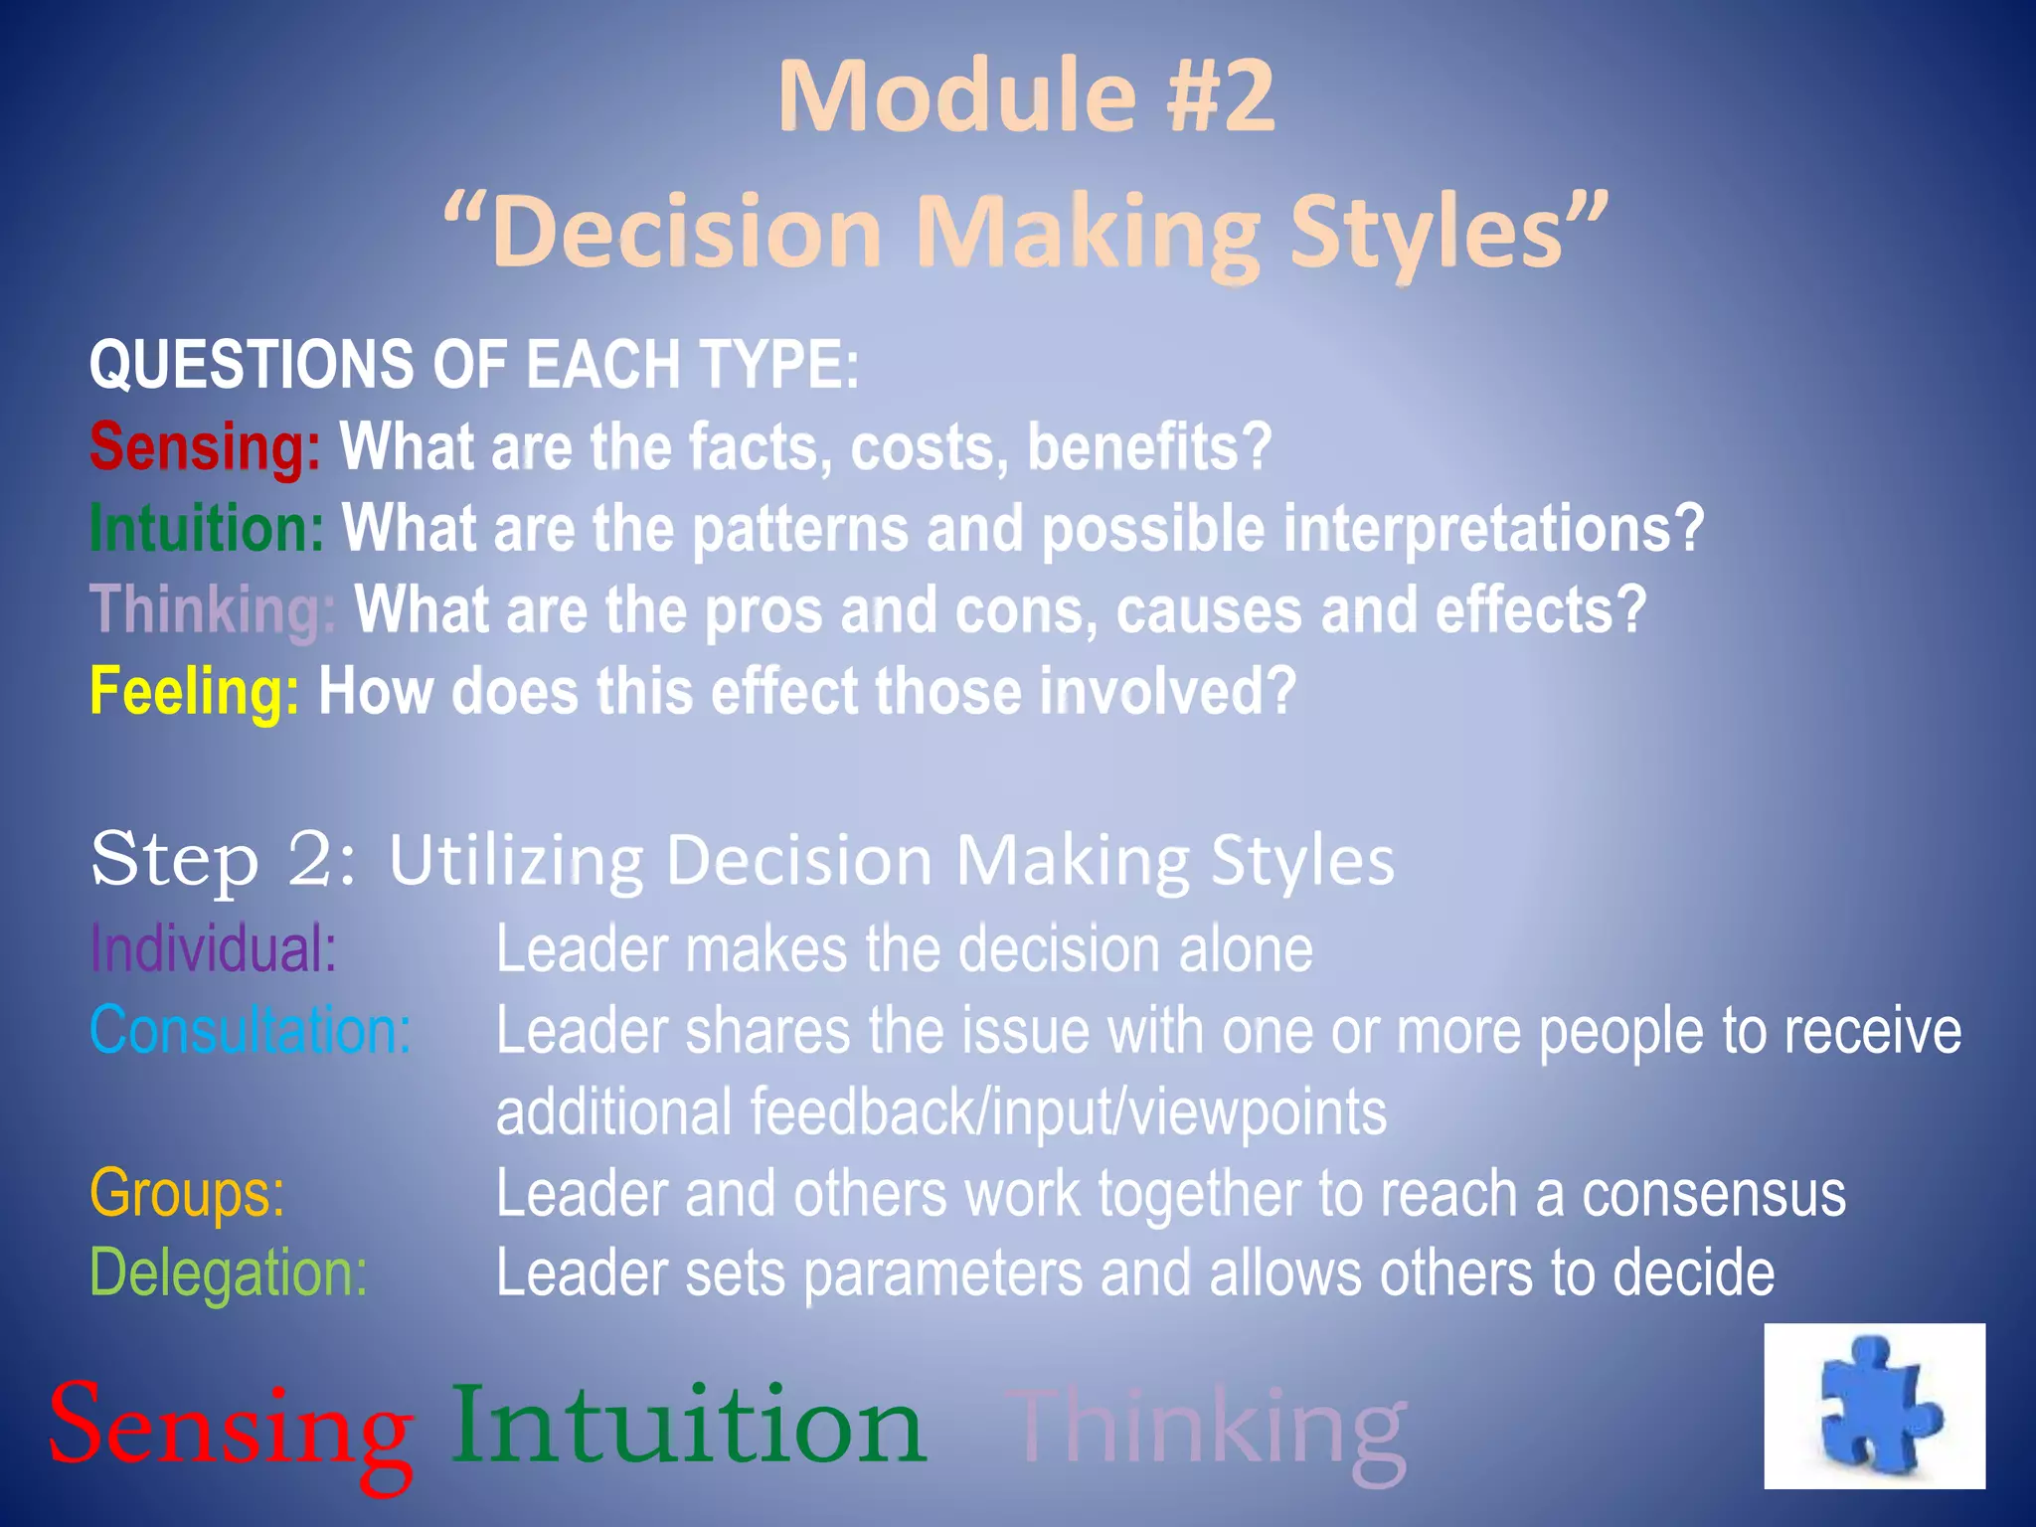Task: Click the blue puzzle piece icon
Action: [x=1877, y=1405]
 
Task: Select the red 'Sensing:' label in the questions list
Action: [x=205, y=446]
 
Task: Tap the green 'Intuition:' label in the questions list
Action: [x=207, y=528]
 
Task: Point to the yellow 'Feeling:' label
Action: [x=194, y=691]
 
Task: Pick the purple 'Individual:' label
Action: [x=213, y=948]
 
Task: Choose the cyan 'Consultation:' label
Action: [x=251, y=1030]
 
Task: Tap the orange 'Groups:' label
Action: [x=187, y=1192]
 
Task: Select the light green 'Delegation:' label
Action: [x=229, y=1272]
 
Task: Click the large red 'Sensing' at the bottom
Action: [x=231, y=1430]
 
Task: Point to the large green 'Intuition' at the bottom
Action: [x=688, y=1426]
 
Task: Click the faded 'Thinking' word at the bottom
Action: [x=1207, y=1430]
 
